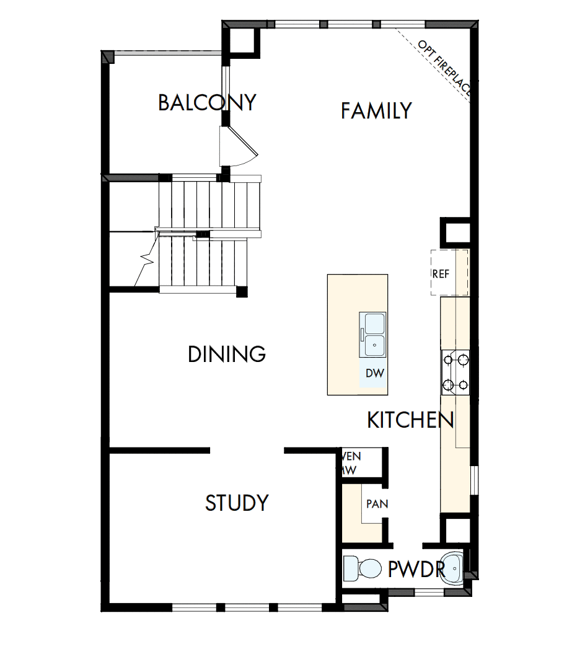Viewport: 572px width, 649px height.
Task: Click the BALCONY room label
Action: point(207,102)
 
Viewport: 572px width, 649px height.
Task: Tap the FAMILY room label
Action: point(376,111)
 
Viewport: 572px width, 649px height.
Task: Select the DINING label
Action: point(227,355)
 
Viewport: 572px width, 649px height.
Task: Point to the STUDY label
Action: point(237,503)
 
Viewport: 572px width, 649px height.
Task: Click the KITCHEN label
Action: point(410,420)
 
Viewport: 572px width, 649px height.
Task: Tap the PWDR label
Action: point(416,569)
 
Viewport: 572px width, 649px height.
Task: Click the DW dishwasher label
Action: point(374,373)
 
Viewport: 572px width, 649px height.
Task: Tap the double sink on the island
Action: point(374,334)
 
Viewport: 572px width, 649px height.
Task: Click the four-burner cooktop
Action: point(455,373)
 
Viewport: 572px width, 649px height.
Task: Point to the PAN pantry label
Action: point(376,504)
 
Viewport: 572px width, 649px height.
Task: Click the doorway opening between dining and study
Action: point(247,451)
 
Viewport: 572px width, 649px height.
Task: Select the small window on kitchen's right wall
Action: point(473,480)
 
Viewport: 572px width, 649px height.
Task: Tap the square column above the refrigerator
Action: point(455,232)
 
